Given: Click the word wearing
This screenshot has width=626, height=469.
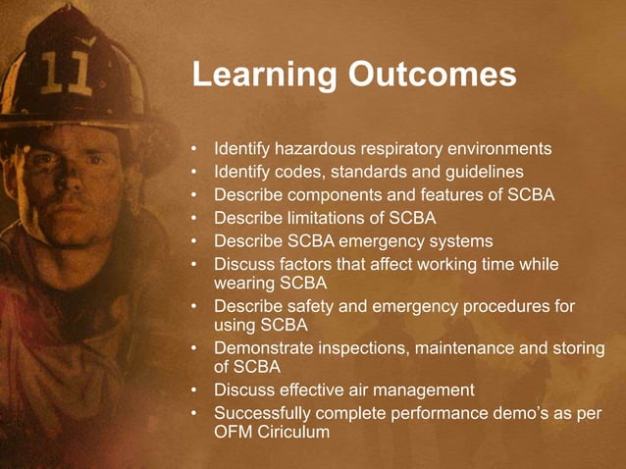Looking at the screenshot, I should click(243, 284).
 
